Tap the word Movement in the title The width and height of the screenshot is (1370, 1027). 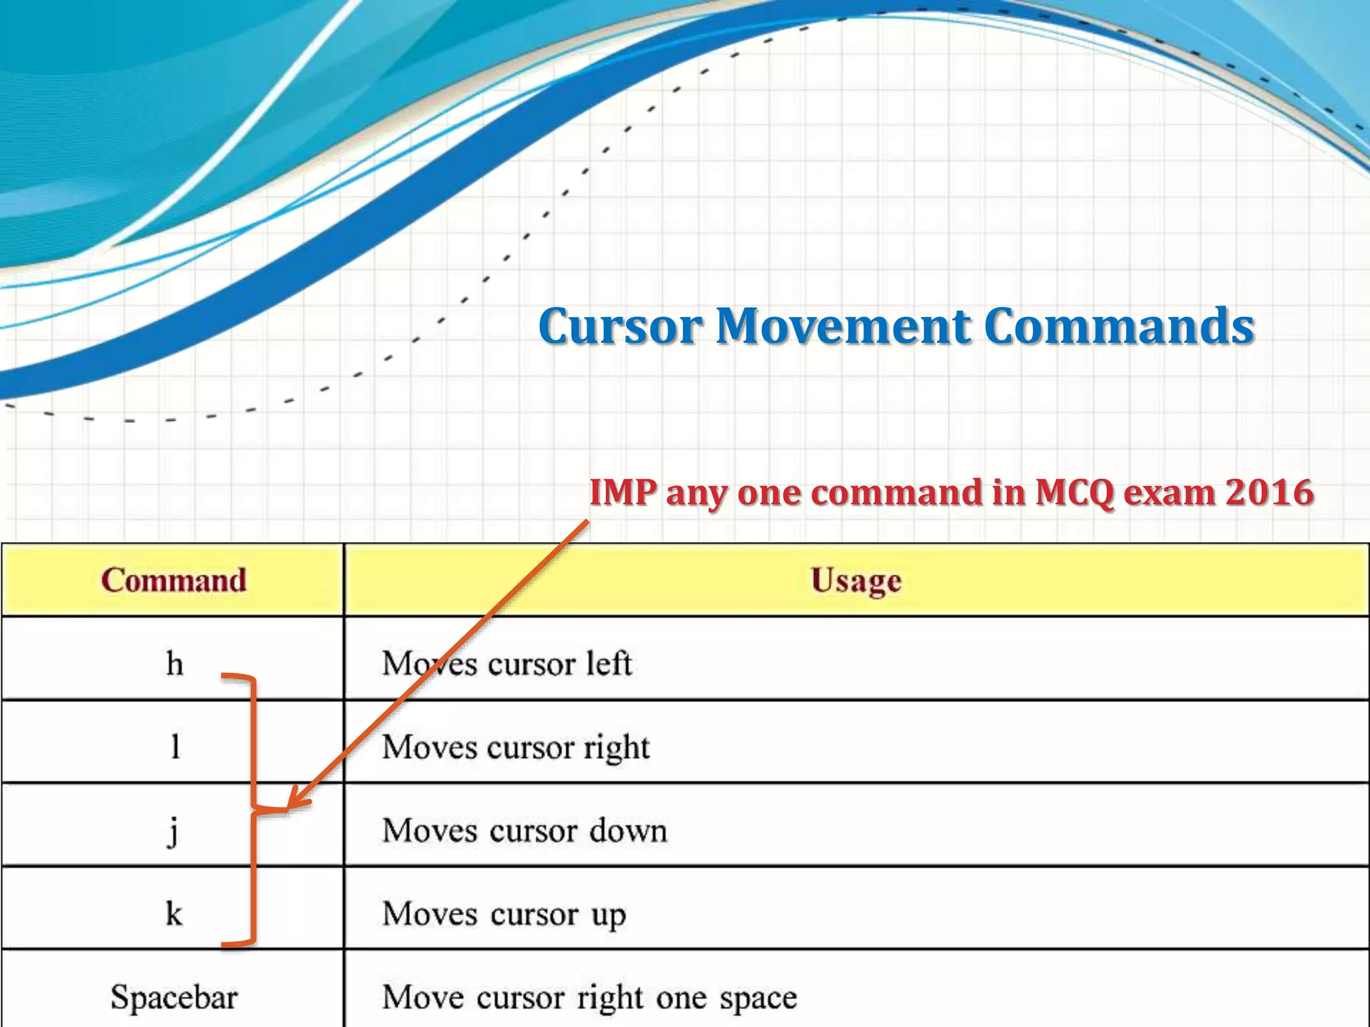pyautogui.click(x=844, y=327)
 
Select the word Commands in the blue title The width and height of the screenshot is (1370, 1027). pyautogui.click(x=1119, y=327)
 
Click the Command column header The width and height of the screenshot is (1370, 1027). pyautogui.click(x=174, y=580)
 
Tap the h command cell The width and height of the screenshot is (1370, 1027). pyautogui.click(x=175, y=664)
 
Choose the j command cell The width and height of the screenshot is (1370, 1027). pyautogui.click(x=173, y=831)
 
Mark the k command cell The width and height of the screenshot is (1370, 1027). pyautogui.click(x=174, y=913)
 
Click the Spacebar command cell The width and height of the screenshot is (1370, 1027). pyautogui.click(x=174, y=997)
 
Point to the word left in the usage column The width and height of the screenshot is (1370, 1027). pyautogui.click(x=609, y=664)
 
